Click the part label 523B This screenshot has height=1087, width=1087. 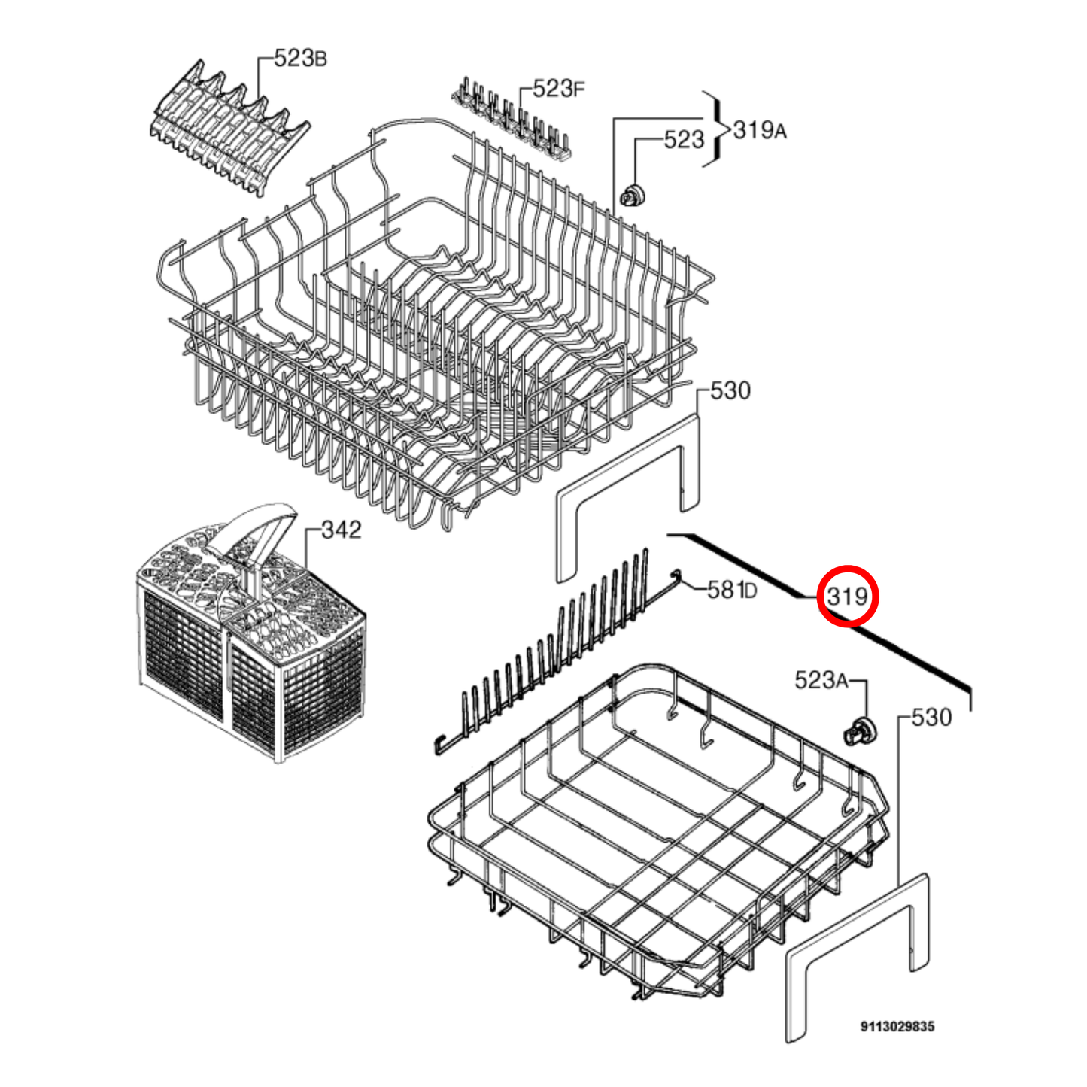(x=300, y=59)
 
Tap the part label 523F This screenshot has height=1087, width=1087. (x=558, y=89)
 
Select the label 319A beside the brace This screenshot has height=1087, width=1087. (x=760, y=130)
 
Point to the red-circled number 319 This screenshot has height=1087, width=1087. (x=848, y=596)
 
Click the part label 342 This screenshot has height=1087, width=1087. (x=341, y=530)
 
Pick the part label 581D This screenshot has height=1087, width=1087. (x=732, y=590)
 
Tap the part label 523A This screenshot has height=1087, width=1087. (x=821, y=680)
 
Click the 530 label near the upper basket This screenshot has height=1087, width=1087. (x=730, y=390)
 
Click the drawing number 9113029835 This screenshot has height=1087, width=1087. (x=897, y=1026)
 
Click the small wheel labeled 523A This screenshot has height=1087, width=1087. (x=858, y=732)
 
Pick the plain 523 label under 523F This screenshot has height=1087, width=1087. (x=683, y=139)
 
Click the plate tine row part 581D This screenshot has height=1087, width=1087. (x=557, y=639)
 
